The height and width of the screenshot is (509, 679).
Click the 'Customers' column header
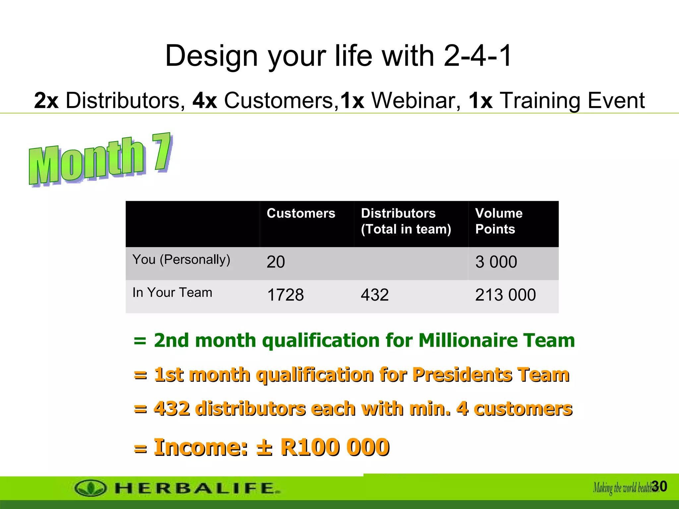point(301,213)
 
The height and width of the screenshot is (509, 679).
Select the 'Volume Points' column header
point(499,221)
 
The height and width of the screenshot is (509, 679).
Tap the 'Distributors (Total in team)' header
point(406,221)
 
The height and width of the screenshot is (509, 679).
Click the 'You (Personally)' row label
point(181,259)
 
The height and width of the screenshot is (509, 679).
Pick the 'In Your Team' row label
point(172,293)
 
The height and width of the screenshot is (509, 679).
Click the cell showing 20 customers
point(276,262)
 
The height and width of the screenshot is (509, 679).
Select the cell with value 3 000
point(496,262)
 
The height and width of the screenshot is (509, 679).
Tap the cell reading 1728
point(285,295)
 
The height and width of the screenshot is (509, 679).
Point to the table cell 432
point(375,295)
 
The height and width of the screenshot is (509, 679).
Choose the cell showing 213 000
point(505,295)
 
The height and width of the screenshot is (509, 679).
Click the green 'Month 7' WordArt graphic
point(99,160)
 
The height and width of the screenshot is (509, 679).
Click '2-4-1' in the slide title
point(477,56)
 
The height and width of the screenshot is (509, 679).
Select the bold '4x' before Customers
point(205,100)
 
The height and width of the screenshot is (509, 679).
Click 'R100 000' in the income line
point(335,447)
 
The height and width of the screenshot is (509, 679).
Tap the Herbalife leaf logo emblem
point(90,488)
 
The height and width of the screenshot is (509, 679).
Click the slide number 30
point(659,486)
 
